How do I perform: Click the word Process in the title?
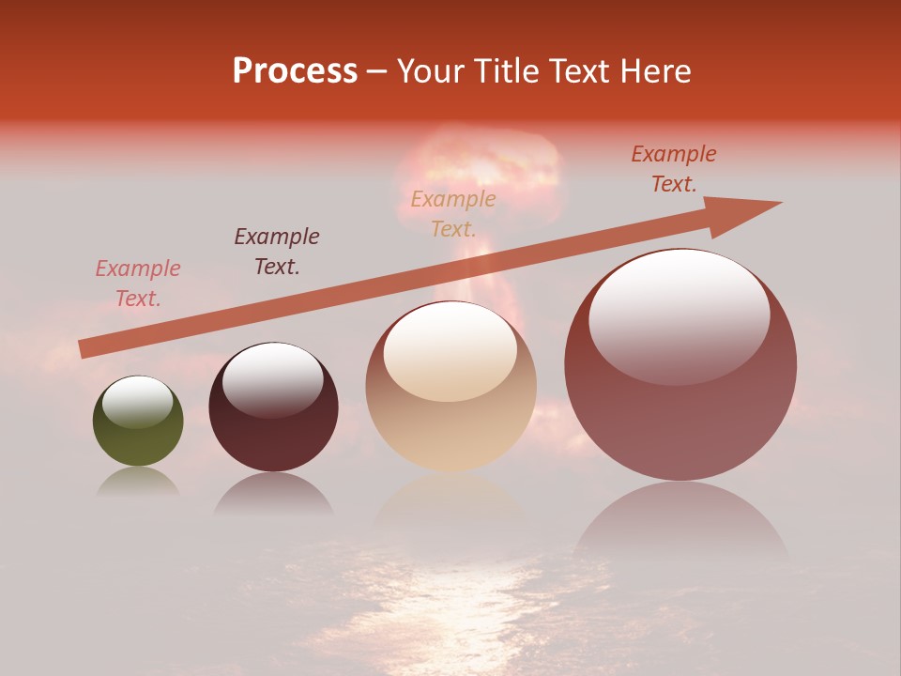click(295, 70)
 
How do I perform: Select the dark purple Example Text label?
click(277, 251)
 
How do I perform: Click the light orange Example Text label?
click(453, 213)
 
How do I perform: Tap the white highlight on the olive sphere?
click(138, 401)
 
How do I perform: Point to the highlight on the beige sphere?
click(450, 351)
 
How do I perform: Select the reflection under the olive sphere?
click(138, 482)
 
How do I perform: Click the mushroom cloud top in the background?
click(488, 160)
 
